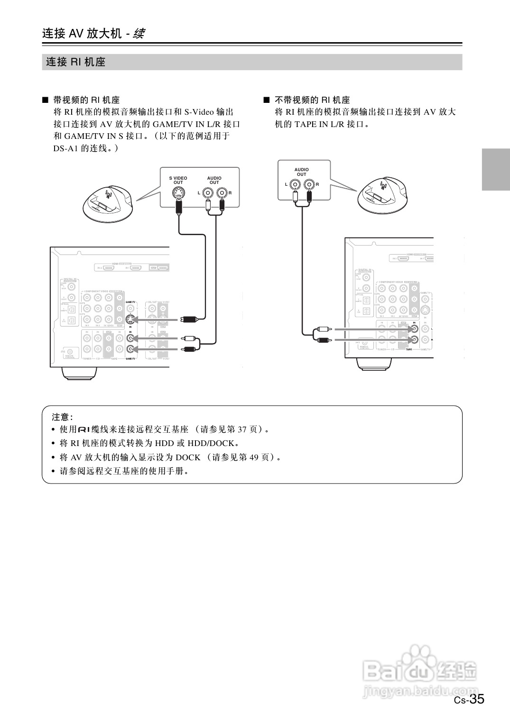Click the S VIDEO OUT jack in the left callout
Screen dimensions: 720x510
click(x=178, y=193)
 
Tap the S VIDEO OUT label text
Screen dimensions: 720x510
click(x=178, y=181)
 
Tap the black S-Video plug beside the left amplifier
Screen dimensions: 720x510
click(x=188, y=319)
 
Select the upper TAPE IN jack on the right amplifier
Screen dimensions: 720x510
click(x=415, y=329)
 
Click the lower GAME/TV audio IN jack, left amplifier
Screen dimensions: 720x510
click(x=131, y=349)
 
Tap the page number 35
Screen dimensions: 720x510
click(x=477, y=699)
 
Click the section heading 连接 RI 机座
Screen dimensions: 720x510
click(x=75, y=62)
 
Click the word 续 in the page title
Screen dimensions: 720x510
click(x=139, y=34)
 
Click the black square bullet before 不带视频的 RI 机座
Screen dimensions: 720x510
click(x=266, y=100)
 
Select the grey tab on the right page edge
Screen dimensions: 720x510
click(x=496, y=169)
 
